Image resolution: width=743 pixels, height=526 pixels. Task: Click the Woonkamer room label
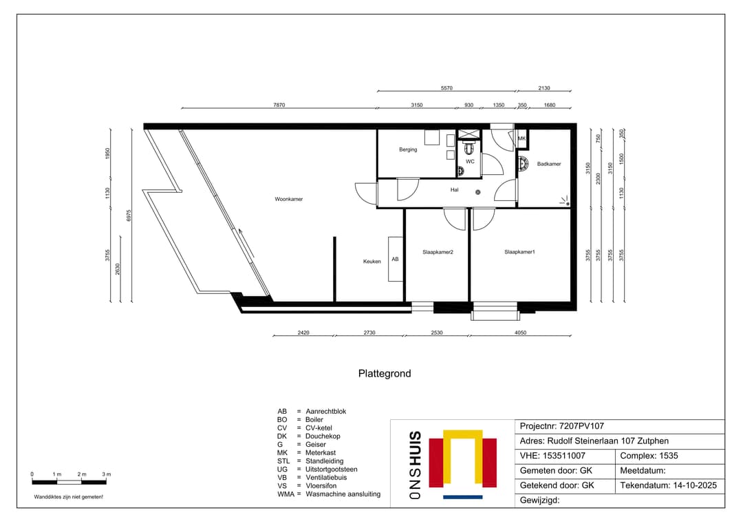[x=288, y=199]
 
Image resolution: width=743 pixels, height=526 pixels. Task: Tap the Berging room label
[x=408, y=149]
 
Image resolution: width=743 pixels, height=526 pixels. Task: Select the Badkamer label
[x=549, y=164]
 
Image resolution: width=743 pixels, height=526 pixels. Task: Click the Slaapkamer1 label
[x=519, y=252]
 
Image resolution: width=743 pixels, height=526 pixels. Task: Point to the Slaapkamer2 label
[x=438, y=252]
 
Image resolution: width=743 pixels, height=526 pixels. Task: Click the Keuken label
[x=372, y=261]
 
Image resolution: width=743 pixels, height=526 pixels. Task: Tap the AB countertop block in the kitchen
[x=395, y=259]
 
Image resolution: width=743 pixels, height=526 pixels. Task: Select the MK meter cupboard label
[x=521, y=138]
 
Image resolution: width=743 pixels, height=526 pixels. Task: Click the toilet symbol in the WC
[x=470, y=148]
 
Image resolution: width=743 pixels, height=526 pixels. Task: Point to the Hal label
[x=454, y=190]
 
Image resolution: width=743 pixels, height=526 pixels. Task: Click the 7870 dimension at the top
[x=279, y=105]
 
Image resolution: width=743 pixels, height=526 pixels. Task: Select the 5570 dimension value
[x=446, y=88]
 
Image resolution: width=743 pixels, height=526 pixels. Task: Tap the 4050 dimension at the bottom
[x=520, y=333]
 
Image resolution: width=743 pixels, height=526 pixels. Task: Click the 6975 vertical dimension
[x=129, y=215]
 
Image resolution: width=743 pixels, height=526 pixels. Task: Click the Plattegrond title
[x=385, y=374]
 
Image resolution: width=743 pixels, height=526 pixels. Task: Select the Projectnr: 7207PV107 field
[x=562, y=427]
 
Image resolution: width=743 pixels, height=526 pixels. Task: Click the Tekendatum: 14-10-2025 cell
[x=668, y=485]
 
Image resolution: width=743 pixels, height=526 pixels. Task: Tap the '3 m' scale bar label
[x=107, y=474]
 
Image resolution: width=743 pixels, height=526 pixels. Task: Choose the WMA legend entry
[x=329, y=494]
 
